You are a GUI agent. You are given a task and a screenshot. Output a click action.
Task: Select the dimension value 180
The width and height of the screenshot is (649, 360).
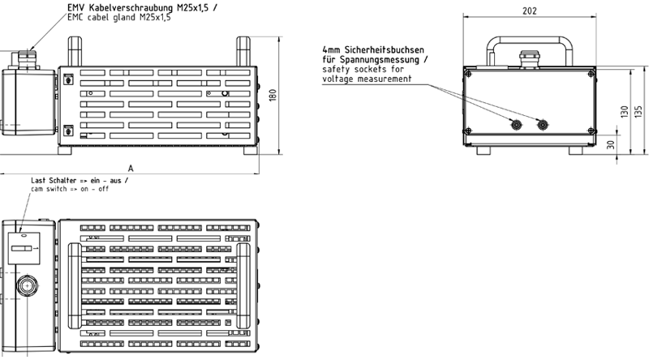coord(273,96)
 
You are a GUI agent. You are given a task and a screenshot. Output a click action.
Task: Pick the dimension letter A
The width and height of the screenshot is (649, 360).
coord(130,168)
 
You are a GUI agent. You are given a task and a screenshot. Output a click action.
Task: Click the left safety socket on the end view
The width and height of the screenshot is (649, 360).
coord(514,124)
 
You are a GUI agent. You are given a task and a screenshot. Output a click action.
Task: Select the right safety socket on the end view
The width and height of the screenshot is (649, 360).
coord(543,124)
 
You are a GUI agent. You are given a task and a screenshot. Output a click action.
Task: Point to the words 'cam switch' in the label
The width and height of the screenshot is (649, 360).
coord(47,189)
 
